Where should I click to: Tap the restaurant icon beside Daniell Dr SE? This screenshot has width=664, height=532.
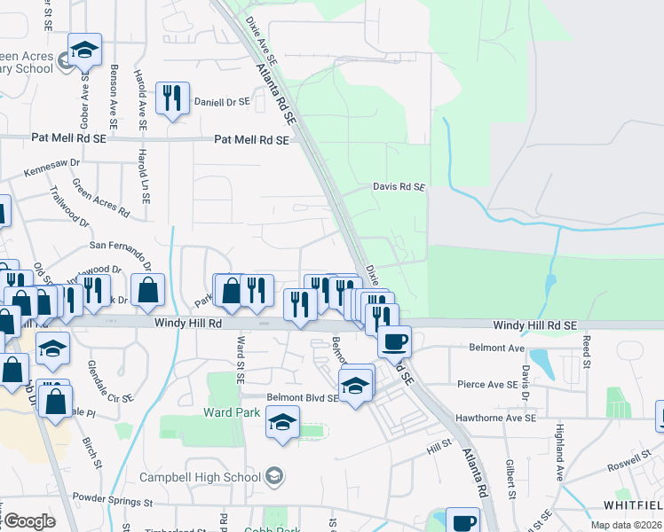(x=172, y=98)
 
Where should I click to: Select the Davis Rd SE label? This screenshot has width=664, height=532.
(x=399, y=188)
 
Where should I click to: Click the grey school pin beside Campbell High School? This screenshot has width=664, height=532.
(x=275, y=477)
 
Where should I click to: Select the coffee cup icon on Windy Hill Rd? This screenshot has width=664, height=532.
(x=394, y=340)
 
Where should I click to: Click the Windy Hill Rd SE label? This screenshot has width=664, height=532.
(x=535, y=326)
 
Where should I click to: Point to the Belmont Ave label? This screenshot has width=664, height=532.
(x=475, y=349)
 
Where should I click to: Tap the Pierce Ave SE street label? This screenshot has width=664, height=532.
(x=487, y=386)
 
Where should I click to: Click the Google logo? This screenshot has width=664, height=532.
(x=28, y=521)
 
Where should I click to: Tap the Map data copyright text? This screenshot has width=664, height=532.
(x=626, y=525)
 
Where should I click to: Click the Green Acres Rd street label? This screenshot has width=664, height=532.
(x=100, y=199)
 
